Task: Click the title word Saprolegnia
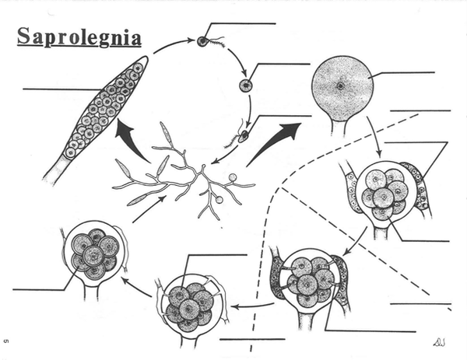pyautogui.click(x=79, y=38)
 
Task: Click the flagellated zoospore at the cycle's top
pyautogui.click(x=204, y=40)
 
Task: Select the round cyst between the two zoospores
pyautogui.click(x=245, y=86)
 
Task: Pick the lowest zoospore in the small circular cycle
pyautogui.click(x=242, y=136)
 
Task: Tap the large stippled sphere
pyautogui.click(x=340, y=84)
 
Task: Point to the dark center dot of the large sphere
pyautogui.click(x=340, y=85)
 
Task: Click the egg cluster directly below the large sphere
pyautogui.click(x=384, y=194)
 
